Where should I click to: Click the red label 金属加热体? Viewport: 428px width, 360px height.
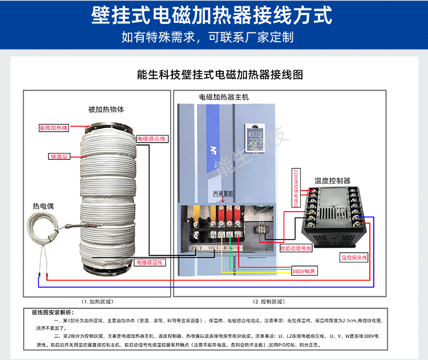pyautogui.click(x=54, y=128)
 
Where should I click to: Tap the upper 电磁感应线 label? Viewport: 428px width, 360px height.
pyautogui.click(x=151, y=139)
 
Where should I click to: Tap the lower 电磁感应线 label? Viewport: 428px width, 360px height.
pyautogui.click(x=149, y=262)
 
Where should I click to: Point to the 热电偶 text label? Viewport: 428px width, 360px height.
pyautogui.click(x=44, y=205)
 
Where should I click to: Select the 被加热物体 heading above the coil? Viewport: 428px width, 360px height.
pyautogui.click(x=106, y=109)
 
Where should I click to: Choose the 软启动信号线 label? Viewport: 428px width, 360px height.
pyautogui.click(x=296, y=248)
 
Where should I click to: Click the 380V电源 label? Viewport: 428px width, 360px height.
pyautogui.click(x=303, y=271)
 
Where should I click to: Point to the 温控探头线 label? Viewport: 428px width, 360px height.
pyautogui.click(x=354, y=257)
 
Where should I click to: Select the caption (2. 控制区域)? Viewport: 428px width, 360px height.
pyautogui.click(x=268, y=301)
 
